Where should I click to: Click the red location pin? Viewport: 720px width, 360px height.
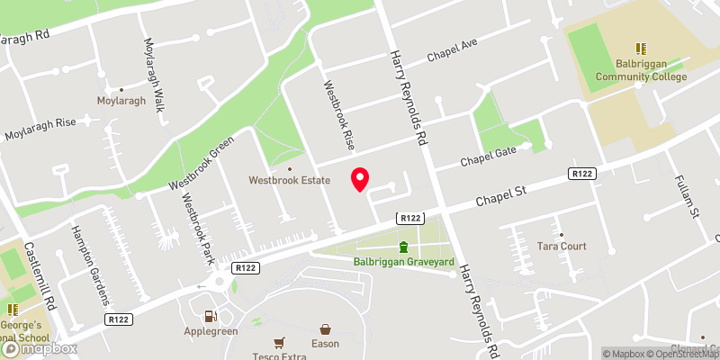[x=360, y=178]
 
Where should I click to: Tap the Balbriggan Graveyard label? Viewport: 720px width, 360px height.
[x=403, y=263]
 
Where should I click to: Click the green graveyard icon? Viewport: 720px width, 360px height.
[x=403, y=247]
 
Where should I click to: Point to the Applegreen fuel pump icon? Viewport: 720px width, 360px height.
[x=211, y=315]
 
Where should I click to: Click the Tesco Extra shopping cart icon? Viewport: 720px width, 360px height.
[x=279, y=342]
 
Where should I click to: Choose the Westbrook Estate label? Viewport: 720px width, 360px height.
[x=290, y=180]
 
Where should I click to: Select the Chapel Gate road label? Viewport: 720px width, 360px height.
[x=489, y=156]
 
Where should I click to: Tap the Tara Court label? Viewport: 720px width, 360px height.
[x=561, y=246]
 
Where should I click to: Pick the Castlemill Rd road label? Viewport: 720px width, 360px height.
[x=41, y=276]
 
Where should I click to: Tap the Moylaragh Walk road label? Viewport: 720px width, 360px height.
[x=151, y=69]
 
